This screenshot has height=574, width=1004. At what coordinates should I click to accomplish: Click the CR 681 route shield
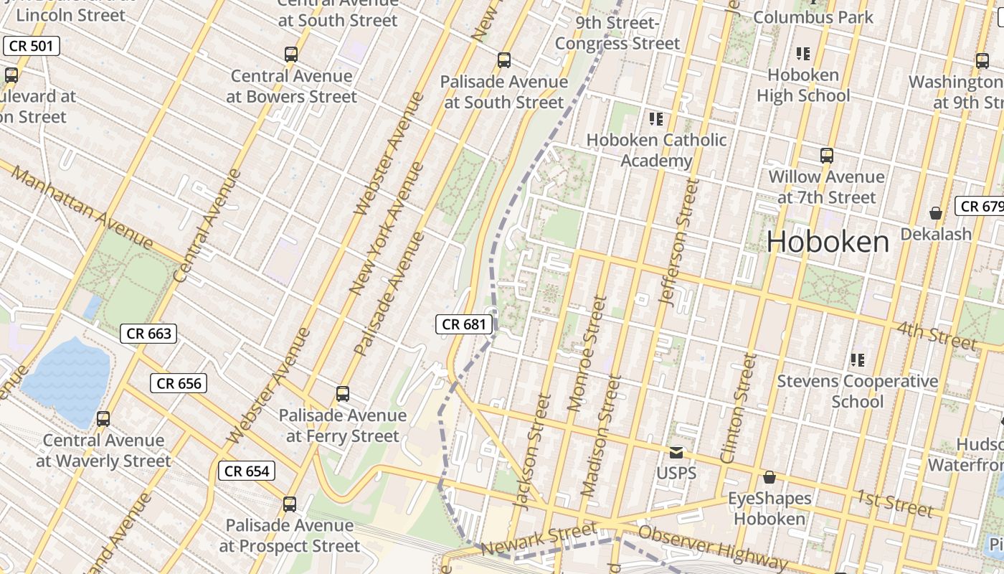click(464, 324)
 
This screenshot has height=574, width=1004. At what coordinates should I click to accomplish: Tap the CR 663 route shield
click(148, 333)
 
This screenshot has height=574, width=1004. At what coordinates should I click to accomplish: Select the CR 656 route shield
click(179, 383)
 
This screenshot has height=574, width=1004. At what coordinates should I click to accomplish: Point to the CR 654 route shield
click(247, 471)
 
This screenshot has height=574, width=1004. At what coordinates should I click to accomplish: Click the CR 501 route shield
click(31, 46)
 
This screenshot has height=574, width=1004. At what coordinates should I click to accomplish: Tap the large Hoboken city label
click(828, 242)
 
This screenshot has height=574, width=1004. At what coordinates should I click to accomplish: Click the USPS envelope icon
click(676, 452)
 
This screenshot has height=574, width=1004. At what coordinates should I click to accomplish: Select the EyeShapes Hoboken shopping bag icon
click(769, 477)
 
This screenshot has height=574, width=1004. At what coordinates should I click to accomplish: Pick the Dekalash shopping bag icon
click(935, 213)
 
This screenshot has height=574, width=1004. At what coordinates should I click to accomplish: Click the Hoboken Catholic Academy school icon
click(655, 118)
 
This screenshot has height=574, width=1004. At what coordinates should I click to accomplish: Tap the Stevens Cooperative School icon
click(857, 359)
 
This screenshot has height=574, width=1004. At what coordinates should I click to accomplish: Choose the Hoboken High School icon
click(802, 53)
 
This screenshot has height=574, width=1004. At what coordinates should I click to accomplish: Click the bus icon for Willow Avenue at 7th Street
click(826, 155)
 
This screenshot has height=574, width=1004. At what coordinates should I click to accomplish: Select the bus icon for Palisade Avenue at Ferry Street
click(343, 394)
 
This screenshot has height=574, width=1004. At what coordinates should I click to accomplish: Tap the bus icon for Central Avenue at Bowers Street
click(290, 55)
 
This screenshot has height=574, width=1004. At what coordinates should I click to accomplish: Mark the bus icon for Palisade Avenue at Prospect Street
click(289, 504)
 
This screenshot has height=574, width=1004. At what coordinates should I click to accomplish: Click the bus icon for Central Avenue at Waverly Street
click(103, 419)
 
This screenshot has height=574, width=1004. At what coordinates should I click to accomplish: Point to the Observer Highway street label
click(713, 545)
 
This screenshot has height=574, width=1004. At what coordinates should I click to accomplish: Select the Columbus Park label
click(813, 17)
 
